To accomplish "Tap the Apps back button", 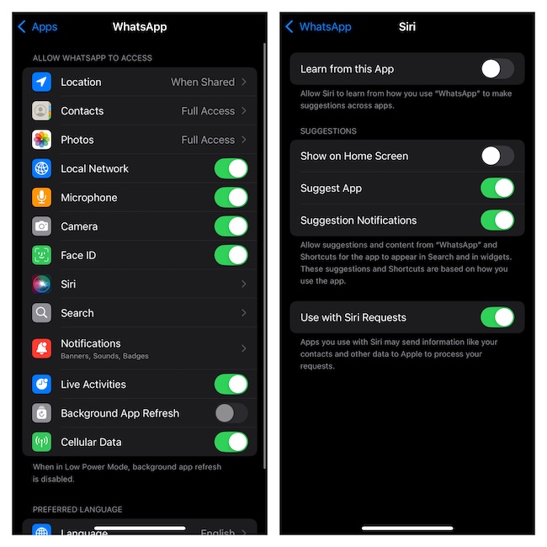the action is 38,27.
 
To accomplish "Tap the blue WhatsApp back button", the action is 318,27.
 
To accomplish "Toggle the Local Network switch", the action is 231,169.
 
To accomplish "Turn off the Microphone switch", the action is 231,198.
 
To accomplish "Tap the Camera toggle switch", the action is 231,226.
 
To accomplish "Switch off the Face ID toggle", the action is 231,255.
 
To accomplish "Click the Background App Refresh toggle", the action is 231,413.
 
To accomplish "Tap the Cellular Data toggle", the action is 231,442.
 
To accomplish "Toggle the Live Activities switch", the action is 231,385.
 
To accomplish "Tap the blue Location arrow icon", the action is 41,82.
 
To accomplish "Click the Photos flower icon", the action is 41,140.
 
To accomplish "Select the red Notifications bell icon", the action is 41,348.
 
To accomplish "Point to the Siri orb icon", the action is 41,284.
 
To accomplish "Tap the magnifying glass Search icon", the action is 41,313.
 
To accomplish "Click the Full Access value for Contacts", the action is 208,111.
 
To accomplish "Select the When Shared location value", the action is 203,82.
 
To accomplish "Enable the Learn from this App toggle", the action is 497,69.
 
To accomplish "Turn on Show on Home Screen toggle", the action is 497,156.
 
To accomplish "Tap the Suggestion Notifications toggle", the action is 497,220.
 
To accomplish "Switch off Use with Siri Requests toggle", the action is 497,317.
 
